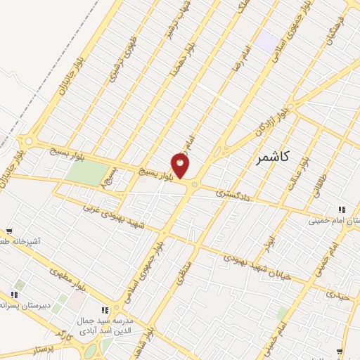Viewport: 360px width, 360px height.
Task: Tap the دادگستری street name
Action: (x=232, y=191)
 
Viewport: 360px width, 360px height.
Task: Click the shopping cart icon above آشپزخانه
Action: (x=9, y=231)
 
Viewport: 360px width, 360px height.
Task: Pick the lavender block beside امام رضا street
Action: (x=266, y=41)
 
